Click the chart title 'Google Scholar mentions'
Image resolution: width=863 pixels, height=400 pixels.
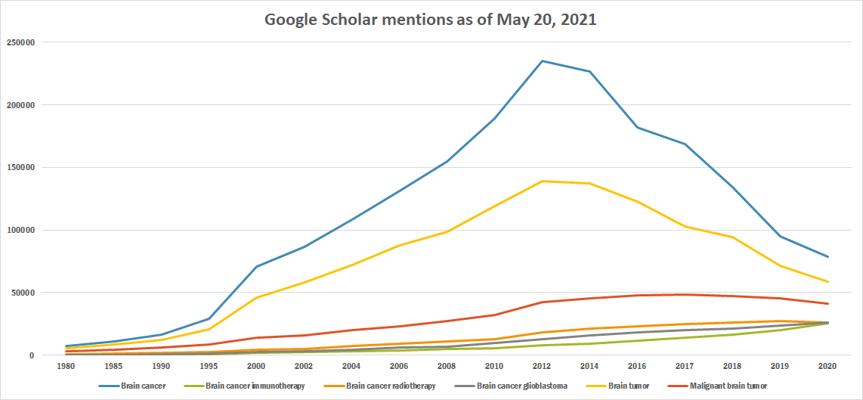click(x=430, y=20)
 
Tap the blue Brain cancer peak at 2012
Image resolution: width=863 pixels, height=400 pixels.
click(x=542, y=61)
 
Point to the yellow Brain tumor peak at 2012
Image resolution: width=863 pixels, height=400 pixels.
click(x=542, y=181)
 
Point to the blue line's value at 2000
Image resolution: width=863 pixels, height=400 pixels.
click(x=257, y=266)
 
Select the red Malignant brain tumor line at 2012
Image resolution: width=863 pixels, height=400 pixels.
click(x=542, y=302)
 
